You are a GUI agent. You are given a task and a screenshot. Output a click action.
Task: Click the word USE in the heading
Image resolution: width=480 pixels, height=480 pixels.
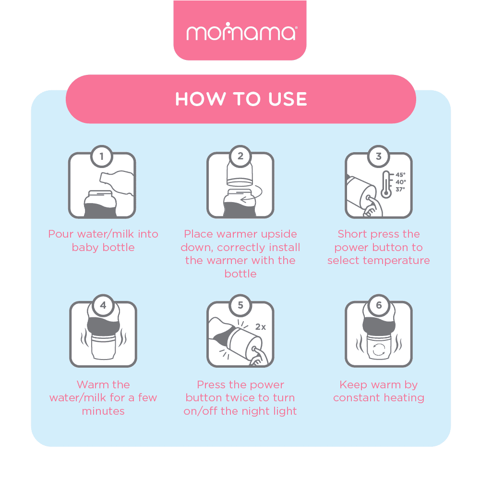[x=288, y=99]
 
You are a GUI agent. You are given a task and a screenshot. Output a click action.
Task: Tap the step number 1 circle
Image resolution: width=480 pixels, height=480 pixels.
[x=102, y=156]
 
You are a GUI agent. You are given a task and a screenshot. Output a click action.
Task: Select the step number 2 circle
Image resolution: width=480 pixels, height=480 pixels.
[x=240, y=156]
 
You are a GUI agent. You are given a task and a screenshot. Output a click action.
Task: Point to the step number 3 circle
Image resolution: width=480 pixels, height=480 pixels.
[x=379, y=156]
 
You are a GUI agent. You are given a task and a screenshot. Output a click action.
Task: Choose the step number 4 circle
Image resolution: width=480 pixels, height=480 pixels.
[x=103, y=305]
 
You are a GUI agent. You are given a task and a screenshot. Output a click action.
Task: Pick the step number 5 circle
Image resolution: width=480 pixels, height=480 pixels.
[x=240, y=305]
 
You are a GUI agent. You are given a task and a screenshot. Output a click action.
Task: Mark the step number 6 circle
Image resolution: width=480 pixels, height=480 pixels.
[x=379, y=305]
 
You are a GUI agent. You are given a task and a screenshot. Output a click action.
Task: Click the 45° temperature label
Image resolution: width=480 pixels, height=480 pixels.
[x=400, y=175]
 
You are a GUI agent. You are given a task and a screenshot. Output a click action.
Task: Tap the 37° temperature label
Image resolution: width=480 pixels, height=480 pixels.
[x=400, y=190]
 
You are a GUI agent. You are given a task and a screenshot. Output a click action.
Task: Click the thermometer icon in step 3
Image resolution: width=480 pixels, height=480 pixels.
[x=386, y=184]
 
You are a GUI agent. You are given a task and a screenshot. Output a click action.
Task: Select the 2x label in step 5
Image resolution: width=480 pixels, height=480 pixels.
[x=261, y=327]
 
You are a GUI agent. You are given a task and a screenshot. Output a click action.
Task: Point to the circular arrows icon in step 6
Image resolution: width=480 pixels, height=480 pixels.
[x=379, y=349]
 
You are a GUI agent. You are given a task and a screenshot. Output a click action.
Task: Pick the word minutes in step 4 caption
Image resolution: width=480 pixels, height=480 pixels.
[x=103, y=411]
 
